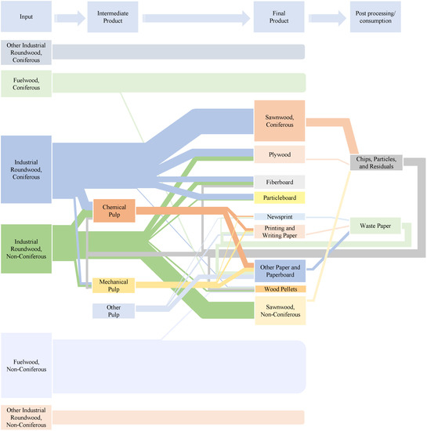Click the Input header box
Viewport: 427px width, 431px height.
click(x=27, y=16)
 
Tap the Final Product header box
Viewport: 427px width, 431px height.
click(x=279, y=16)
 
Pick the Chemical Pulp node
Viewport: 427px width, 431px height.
click(x=114, y=209)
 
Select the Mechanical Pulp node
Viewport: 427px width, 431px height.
click(x=114, y=286)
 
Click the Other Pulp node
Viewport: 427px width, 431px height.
click(x=114, y=311)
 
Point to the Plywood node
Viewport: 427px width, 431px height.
click(x=279, y=154)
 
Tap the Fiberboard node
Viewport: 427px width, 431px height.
click(x=279, y=182)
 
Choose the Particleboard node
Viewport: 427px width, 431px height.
click(x=279, y=197)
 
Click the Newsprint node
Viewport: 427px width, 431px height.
click(x=279, y=215)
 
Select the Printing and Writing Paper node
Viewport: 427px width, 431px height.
click(x=279, y=230)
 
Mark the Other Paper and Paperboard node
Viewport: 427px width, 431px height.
click(x=279, y=271)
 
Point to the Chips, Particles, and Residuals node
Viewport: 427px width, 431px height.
click(x=377, y=163)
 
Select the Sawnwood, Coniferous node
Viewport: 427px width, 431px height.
click(x=279, y=121)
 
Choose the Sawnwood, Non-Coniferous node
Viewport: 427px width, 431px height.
click(x=279, y=310)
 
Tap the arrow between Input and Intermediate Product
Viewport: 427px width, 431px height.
click(x=71, y=16)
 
